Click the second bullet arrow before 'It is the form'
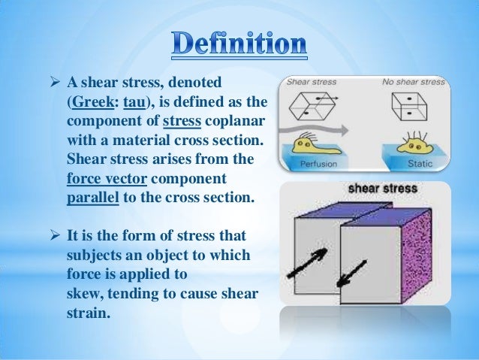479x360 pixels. pyautogui.click(x=55, y=235)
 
